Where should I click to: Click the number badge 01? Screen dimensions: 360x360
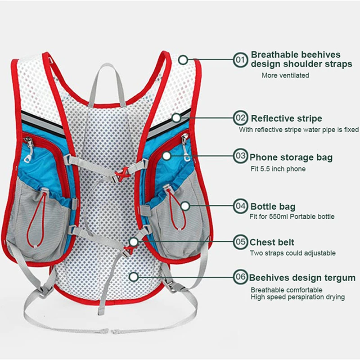pos(240,59)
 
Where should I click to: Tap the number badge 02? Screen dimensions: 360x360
pos(241,118)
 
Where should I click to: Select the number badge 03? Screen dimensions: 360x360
pos(240,157)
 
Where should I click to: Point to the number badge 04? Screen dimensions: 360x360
pos(240,206)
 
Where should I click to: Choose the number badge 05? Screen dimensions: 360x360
pos(240,242)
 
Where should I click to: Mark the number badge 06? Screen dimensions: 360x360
pos(240,277)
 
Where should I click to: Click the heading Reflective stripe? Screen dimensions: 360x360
pos(286,118)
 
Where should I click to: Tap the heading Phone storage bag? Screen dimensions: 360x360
pos(291,157)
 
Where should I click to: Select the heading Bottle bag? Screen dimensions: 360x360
pos(273,207)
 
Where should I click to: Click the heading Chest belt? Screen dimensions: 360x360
pos(272,242)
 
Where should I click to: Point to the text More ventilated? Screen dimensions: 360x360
pos(285,76)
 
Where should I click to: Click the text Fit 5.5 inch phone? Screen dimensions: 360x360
pos(278,169)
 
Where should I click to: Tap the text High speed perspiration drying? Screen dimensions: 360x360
pos(298,297)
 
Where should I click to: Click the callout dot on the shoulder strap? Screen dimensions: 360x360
pos(183,59)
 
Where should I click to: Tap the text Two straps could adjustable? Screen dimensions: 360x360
pos(292,253)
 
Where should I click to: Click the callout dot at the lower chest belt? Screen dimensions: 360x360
pos(133,242)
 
